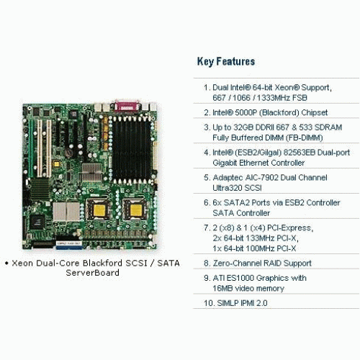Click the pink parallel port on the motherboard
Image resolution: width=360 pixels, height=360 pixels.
127,107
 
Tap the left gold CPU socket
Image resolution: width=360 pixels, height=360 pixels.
99,210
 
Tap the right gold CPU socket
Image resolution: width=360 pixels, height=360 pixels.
136,210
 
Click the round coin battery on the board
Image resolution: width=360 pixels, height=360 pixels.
68,153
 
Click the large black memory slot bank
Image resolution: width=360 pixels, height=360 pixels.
132,150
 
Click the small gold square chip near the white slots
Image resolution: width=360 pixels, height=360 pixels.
56,164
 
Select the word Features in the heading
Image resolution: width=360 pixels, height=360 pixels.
235,61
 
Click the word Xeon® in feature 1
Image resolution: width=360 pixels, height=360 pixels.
287,87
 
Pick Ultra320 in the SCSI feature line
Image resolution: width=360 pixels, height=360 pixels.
228,188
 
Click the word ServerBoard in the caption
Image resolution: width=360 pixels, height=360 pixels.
93,273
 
